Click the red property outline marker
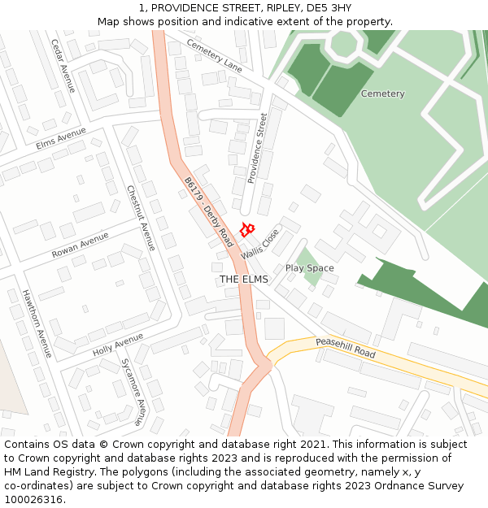point(247,230)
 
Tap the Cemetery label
point(382,93)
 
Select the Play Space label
point(309,268)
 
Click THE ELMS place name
point(243,279)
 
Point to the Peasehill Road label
point(346,348)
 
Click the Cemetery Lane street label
point(214,54)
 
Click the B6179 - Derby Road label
point(209,212)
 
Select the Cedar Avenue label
point(63,65)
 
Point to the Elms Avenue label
point(61,138)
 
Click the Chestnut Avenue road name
point(141,218)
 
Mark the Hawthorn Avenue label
point(37,323)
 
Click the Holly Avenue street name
point(118,344)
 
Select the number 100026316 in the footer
point(33,499)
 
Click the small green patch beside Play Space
point(313,276)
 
